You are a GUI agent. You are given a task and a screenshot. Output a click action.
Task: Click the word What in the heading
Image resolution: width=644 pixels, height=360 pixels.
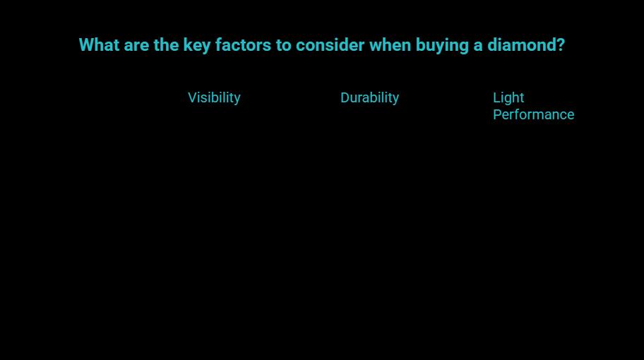(99, 45)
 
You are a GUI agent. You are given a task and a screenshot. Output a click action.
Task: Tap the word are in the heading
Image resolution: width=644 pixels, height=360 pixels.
(136, 45)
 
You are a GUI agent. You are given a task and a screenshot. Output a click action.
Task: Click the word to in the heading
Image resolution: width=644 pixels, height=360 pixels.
(284, 45)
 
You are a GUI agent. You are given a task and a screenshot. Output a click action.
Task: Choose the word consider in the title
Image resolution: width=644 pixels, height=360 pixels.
(330, 45)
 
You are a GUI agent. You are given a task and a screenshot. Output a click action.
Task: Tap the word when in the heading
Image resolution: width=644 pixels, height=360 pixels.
(390, 45)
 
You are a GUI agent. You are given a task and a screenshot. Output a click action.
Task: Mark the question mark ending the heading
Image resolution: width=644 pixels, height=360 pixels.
(561, 45)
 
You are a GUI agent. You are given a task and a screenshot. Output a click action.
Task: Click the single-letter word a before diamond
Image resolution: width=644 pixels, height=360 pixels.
(478, 45)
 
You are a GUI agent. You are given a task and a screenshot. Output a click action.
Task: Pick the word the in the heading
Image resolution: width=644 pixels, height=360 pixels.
(167, 45)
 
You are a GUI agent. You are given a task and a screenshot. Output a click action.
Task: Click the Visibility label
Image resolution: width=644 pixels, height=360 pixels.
(214, 98)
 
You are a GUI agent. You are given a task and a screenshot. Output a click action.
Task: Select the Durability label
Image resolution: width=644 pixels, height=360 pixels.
(369, 98)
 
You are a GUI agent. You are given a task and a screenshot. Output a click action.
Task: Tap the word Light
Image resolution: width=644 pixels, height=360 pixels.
(508, 98)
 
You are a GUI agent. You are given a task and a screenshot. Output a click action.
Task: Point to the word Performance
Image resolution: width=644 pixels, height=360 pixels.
(533, 114)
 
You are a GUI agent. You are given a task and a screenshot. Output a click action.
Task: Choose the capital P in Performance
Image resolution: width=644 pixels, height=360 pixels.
(497, 114)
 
